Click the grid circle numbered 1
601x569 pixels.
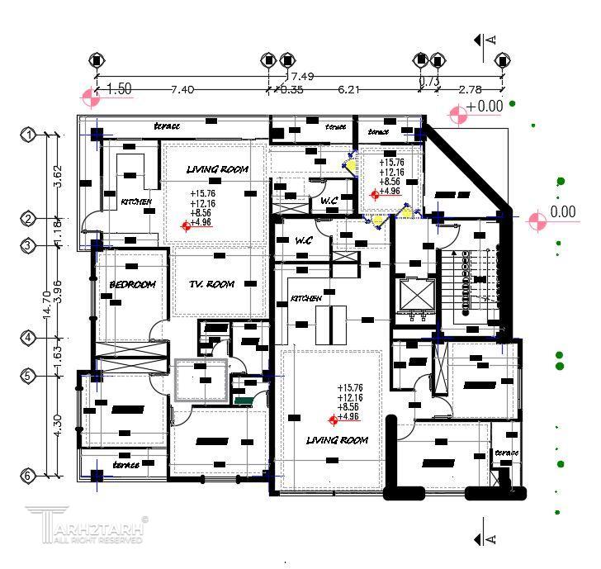29,135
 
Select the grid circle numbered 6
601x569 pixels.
27,476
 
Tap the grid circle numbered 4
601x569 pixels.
29,338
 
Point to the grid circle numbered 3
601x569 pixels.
29,245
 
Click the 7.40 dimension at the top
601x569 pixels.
182,89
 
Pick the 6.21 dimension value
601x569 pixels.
348,89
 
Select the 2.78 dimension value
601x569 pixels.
471,89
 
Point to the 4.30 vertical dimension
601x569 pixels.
57,425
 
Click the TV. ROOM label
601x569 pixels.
211,284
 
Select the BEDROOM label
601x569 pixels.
132,285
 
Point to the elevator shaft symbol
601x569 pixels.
415,298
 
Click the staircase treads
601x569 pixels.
471,281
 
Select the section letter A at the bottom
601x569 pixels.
491,538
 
